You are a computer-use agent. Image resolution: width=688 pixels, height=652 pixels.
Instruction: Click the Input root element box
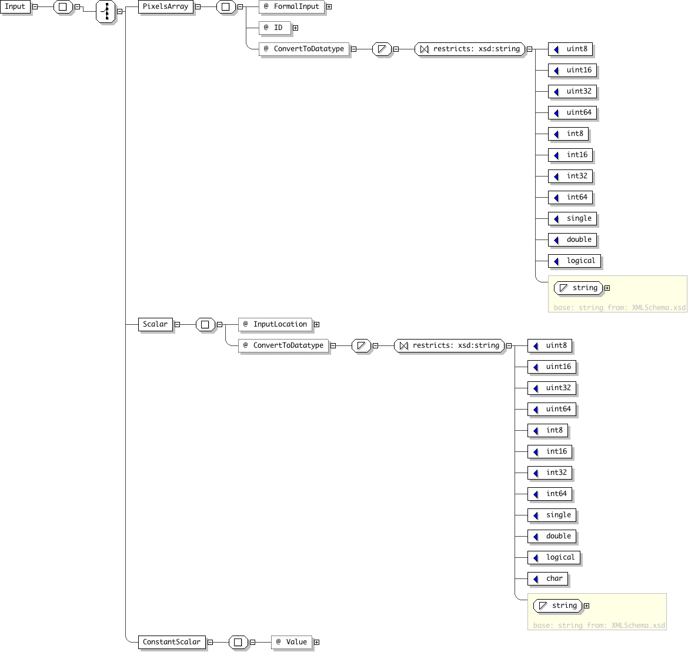click(15, 7)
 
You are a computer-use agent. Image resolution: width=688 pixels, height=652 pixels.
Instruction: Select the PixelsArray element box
click(165, 7)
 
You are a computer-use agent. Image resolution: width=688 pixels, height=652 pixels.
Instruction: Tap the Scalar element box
click(155, 324)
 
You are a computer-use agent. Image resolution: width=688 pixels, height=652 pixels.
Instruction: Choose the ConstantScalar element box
click(172, 642)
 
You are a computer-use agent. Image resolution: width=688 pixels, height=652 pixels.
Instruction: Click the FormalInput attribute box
click(292, 7)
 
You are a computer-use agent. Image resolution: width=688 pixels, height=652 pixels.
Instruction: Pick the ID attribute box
click(275, 28)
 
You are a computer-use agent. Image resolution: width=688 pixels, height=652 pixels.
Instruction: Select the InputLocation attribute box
click(275, 324)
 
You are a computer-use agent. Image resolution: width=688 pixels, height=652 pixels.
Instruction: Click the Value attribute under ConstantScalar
click(292, 642)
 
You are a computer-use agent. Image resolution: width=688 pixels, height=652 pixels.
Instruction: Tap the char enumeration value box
click(547, 578)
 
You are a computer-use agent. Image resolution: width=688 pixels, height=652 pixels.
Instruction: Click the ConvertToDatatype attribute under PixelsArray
click(304, 49)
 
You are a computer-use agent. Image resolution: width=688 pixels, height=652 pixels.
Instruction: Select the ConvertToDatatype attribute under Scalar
click(283, 345)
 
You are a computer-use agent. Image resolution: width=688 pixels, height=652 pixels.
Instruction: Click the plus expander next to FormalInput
click(329, 7)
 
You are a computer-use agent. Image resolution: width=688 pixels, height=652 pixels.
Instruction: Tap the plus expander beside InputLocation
click(317, 324)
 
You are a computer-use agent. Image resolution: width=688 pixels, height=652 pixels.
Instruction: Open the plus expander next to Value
click(317, 643)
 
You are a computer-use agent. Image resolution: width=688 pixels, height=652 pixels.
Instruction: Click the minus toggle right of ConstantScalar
click(210, 643)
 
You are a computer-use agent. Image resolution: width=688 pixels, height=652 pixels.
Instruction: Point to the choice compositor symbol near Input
click(106, 11)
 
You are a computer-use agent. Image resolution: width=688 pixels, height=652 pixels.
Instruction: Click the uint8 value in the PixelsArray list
click(570, 49)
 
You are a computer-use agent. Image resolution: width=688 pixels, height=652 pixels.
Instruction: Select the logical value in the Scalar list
click(554, 558)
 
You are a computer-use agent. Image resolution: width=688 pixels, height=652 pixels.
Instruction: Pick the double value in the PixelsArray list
click(573, 239)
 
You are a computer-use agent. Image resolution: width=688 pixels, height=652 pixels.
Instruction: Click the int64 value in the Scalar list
click(550, 494)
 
